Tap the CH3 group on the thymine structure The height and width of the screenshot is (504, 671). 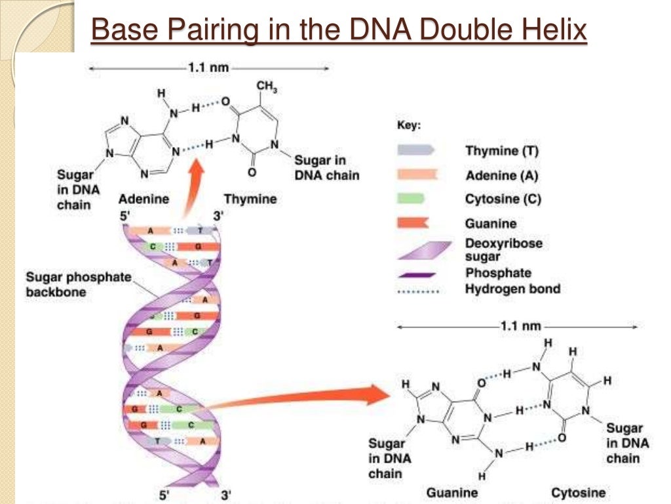coord(265,86)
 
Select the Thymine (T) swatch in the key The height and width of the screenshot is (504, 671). coord(415,150)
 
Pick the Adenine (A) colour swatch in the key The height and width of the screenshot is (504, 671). coord(415,175)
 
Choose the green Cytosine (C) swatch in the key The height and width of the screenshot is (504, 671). coord(412,199)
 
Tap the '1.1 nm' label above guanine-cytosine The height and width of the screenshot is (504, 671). coord(521,325)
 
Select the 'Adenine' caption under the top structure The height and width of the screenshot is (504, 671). coord(144,198)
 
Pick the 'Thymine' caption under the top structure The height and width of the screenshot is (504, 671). coord(250,198)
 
